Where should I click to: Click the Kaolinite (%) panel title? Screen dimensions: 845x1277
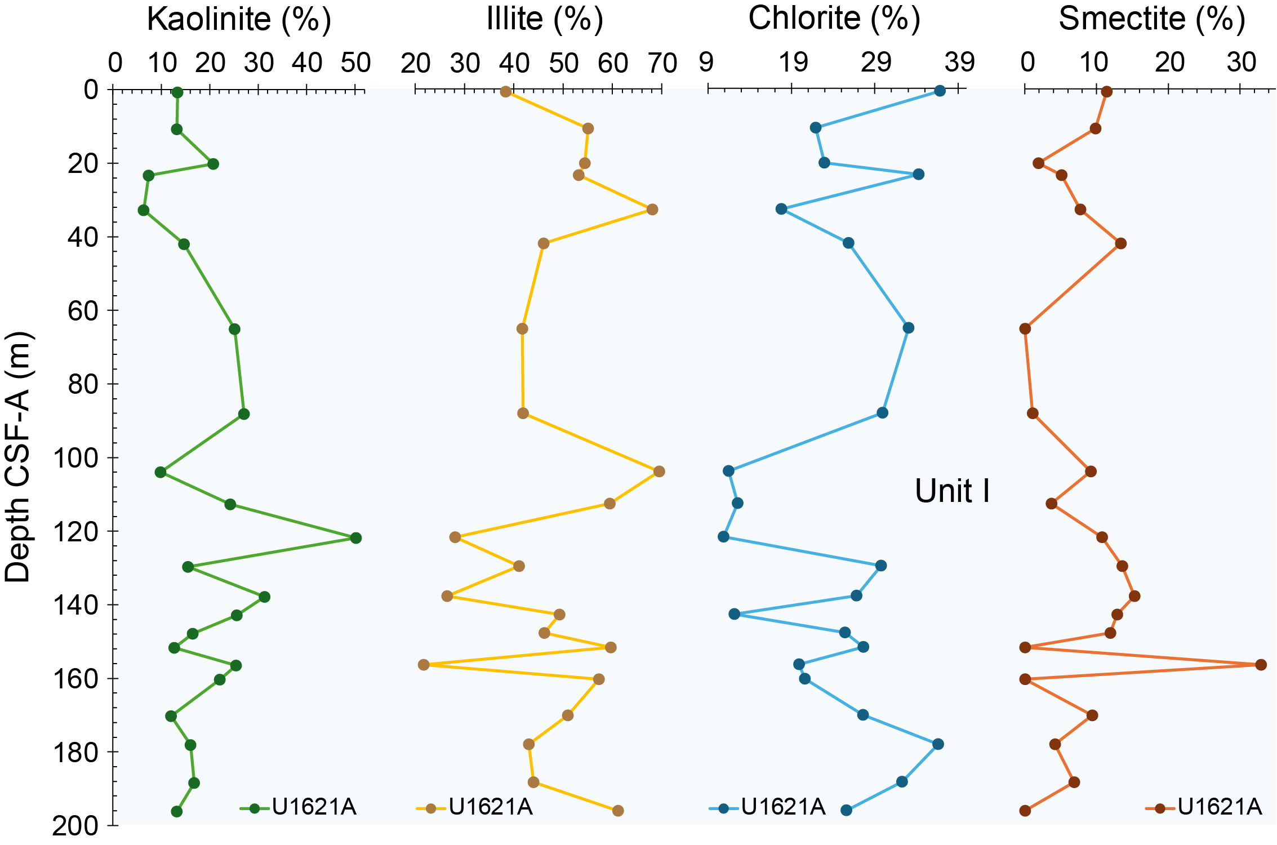[x=239, y=20]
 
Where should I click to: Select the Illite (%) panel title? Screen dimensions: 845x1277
[x=545, y=20]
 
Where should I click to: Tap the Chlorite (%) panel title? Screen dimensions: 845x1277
[x=834, y=19]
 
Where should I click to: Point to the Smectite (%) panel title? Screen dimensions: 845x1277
[x=1152, y=20]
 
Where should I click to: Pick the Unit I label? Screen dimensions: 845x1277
[x=952, y=491]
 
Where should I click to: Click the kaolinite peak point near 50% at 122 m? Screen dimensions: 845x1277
[x=355, y=538]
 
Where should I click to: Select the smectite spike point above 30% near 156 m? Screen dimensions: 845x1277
[x=1261, y=665]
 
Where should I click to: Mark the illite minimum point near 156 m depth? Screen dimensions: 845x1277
[x=424, y=665]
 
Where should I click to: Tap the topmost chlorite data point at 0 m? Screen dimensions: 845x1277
[x=940, y=91]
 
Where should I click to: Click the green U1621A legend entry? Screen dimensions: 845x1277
[x=299, y=807]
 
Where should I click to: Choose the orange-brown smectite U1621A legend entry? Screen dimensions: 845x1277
[x=1204, y=807]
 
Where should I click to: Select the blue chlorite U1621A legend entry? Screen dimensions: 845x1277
[x=768, y=807]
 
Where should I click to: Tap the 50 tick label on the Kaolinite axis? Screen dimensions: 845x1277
[x=355, y=63]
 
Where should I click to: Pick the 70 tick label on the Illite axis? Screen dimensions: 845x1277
[x=662, y=63]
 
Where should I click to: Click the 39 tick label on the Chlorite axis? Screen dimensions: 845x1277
[x=960, y=62]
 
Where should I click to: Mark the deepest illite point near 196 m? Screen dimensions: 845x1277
[x=618, y=811]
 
